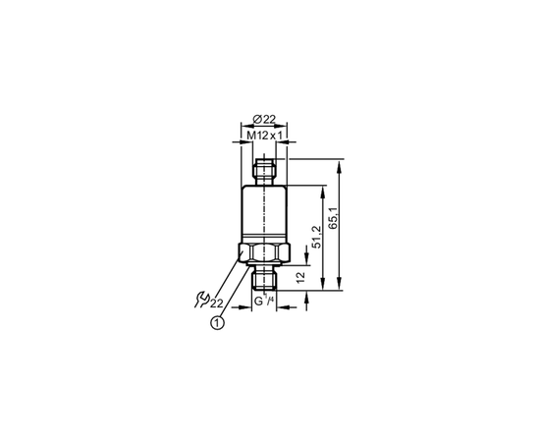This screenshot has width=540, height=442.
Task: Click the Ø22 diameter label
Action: coord(264,119)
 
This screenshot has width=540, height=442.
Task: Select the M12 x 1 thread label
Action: coord(264,136)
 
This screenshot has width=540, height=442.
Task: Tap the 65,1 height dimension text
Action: coord(334,219)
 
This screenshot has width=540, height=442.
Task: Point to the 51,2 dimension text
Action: coord(316,238)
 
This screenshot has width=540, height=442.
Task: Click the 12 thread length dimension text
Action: coord(300,277)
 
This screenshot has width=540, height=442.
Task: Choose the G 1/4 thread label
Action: coord(264,301)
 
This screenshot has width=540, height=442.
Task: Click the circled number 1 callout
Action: coord(217,323)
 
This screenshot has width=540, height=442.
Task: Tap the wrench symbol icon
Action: coord(202,300)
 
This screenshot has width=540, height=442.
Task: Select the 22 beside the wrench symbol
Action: coord(217,304)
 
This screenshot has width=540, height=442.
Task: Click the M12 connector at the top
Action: coord(264,171)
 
